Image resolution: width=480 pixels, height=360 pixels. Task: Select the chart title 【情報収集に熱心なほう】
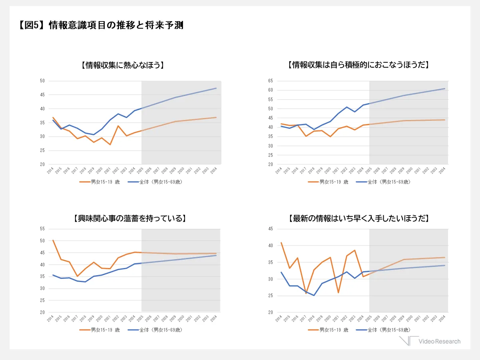(x=123, y=65)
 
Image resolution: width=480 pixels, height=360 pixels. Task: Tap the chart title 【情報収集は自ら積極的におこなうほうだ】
(x=359, y=65)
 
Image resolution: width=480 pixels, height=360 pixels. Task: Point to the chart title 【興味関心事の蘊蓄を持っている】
(x=130, y=218)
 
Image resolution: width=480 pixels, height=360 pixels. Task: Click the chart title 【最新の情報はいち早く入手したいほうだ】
(x=359, y=218)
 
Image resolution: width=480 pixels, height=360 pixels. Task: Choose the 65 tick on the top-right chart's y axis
(x=270, y=81)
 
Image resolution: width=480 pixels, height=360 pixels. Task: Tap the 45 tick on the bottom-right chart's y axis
(x=270, y=229)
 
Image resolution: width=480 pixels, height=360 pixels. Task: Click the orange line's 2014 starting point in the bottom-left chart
(x=53, y=240)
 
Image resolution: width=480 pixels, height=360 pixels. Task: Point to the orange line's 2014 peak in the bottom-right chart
(x=281, y=242)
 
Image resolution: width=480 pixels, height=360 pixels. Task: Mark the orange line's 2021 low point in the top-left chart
(x=110, y=144)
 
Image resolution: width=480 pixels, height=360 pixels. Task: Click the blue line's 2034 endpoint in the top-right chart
(x=444, y=89)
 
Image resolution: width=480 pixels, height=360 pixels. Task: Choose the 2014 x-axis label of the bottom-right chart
(x=279, y=319)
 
